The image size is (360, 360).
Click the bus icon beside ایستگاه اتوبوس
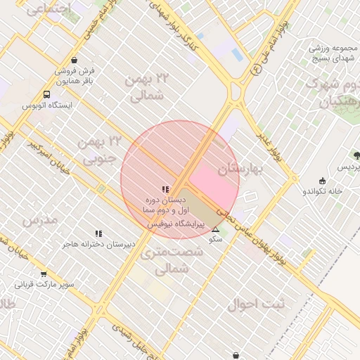pyautogui.click(x=46, y=94)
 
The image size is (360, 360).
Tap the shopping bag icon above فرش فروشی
pyautogui.click(x=74, y=60)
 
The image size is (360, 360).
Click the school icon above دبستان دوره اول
pyautogui.click(x=165, y=189)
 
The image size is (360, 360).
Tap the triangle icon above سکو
pyautogui.click(x=215, y=229)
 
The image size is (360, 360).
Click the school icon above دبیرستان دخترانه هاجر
pyautogui.click(x=98, y=233)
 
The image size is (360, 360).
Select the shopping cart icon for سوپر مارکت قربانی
pyautogui.click(x=44, y=274)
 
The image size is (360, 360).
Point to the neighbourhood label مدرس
pyautogui.click(x=39, y=221)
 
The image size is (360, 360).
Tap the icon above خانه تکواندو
pyautogui.click(x=322, y=181)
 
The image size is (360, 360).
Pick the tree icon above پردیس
pyautogui.click(x=356, y=155)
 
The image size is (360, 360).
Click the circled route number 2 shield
pyautogui.click(x=255, y=69)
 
